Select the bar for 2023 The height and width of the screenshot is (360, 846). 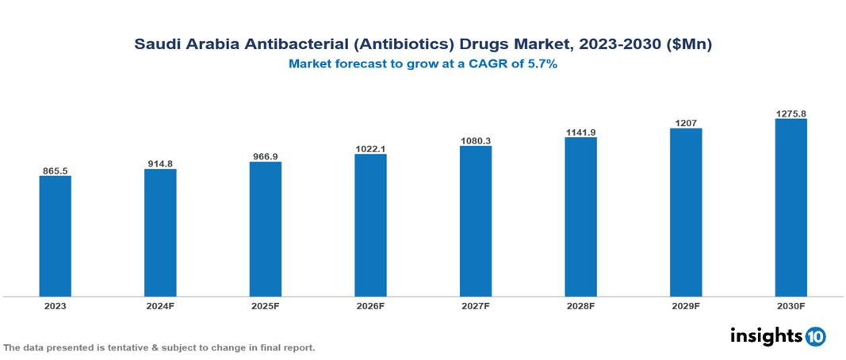point(56,236)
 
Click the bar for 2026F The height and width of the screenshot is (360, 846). point(370,224)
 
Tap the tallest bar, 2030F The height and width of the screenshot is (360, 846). point(790,207)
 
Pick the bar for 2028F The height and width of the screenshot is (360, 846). point(580,216)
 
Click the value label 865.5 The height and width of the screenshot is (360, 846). point(56,170)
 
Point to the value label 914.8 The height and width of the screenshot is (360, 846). point(160,164)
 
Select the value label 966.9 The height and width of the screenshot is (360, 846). point(265,157)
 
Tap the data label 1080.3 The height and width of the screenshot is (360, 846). point(475,141)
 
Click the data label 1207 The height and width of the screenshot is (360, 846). point(685,123)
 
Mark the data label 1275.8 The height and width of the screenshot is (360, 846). point(790,114)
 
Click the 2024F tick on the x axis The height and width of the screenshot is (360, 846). point(160,305)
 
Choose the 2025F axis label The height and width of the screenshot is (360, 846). point(265,305)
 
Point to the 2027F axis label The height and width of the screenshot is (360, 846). point(475,305)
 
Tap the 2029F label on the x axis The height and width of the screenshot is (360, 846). point(685,305)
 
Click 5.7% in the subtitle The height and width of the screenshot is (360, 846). point(539,64)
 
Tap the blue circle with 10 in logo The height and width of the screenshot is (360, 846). point(815,336)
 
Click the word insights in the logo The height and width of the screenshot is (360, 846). point(766,335)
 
